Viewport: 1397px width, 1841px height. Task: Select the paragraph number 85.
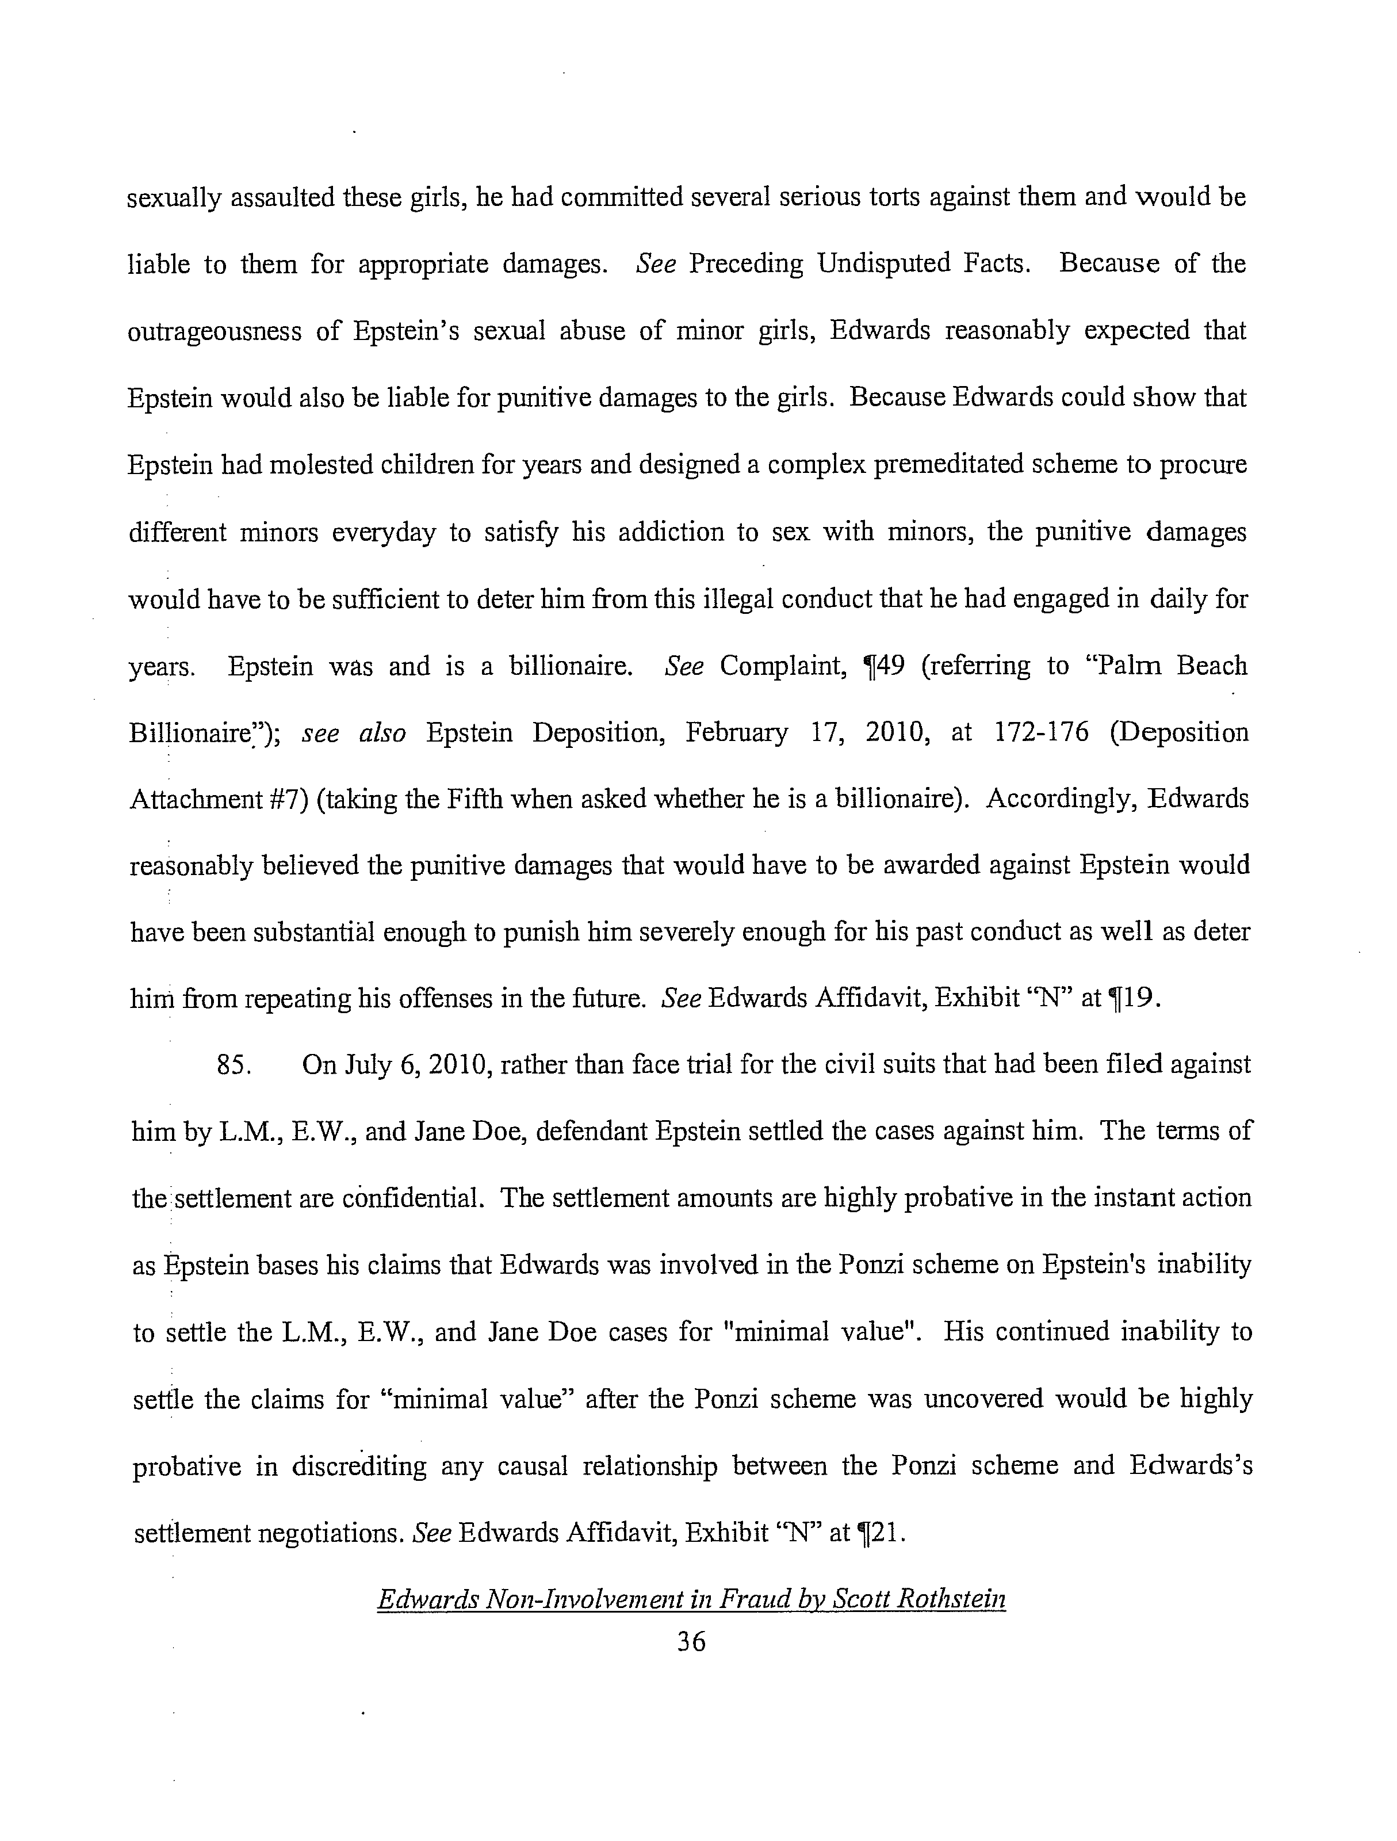(x=235, y=1065)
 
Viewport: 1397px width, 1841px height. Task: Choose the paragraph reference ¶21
(x=879, y=1532)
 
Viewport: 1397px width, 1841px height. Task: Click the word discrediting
(x=359, y=1466)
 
